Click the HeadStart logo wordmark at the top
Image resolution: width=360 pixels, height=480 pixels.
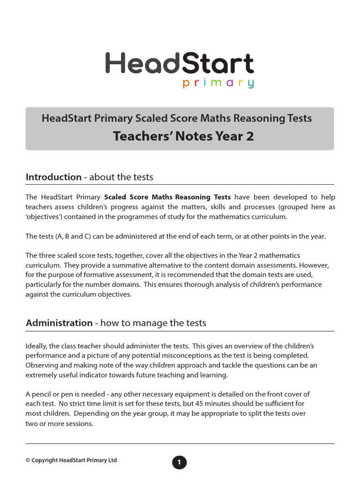point(180,64)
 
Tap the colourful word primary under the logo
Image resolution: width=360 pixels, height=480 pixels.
point(218,84)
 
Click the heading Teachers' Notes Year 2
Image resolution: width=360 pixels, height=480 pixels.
point(180,136)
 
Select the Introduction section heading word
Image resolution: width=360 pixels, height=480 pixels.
point(53,177)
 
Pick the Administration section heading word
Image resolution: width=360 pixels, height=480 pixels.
point(59,323)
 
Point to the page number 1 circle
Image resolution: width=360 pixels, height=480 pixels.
point(179,463)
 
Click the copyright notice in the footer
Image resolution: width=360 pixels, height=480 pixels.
point(71,460)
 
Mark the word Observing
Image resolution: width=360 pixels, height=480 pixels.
point(41,365)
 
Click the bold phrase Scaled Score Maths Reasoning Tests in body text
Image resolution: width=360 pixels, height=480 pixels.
point(167,197)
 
